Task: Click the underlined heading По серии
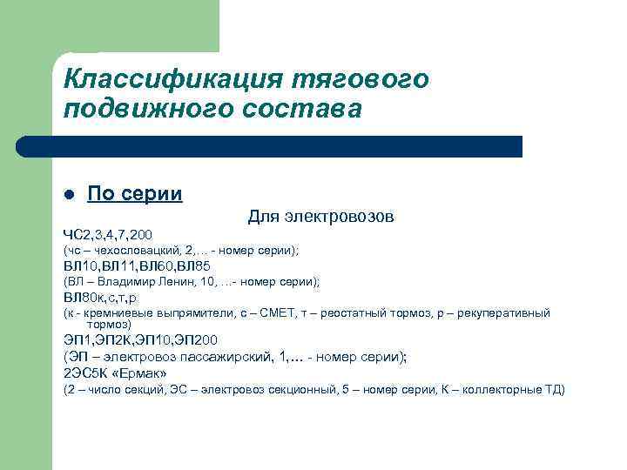(x=134, y=193)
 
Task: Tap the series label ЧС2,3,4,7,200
(x=107, y=234)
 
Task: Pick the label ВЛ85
(x=192, y=265)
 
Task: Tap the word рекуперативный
(x=505, y=312)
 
